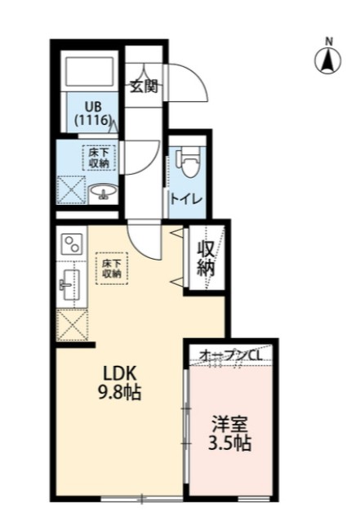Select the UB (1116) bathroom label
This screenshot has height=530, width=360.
(x=90, y=113)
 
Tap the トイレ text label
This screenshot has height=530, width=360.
(x=186, y=199)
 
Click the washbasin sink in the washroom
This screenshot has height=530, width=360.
(x=104, y=193)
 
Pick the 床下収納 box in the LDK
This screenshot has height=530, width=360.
(x=111, y=268)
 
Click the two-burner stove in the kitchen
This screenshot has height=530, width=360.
(x=72, y=243)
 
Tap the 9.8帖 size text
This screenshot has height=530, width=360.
(x=120, y=394)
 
